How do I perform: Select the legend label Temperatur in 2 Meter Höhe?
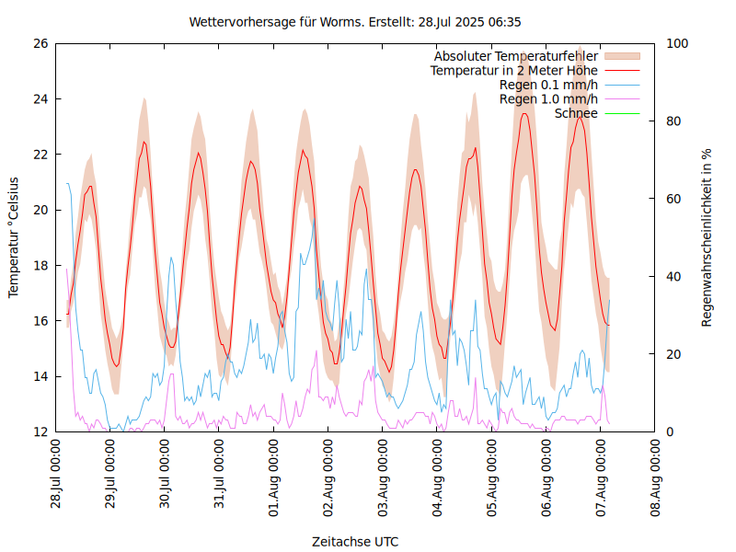tap(513, 71)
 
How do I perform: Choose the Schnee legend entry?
tap(577, 113)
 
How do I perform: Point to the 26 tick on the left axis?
tap(40, 43)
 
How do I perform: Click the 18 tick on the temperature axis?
tap(40, 266)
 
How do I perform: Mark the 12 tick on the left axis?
tap(40, 431)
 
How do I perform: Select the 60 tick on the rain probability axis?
tap(673, 199)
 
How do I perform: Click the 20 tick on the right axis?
tap(673, 354)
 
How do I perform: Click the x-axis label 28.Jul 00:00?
tap(57, 474)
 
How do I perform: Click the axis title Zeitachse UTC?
tap(355, 541)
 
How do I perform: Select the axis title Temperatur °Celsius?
tap(14, 237)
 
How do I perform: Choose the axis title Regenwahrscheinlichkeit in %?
tap(707, 237)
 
